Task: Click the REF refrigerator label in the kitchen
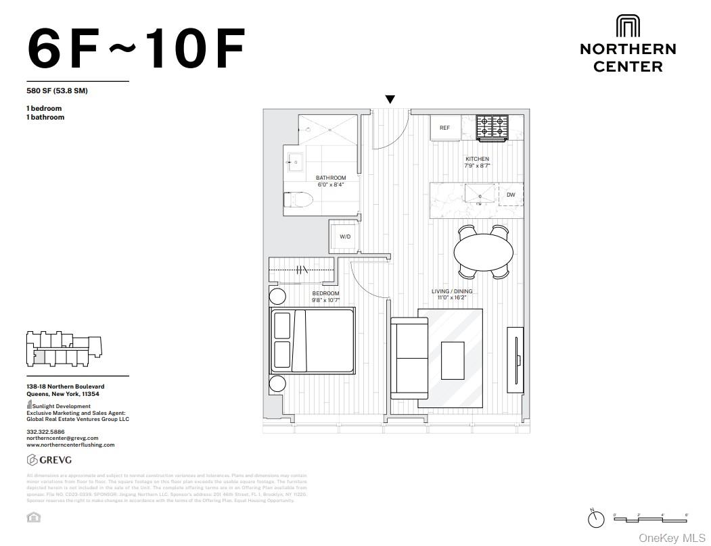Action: pyautogui.click(x=444, y=128)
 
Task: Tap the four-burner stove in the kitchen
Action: pyautogui.click(x=492, y=127)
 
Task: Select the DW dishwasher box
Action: pyautogui.click(x=511, y=195)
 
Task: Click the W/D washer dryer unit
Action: pyautogui.click(x=345, y=237)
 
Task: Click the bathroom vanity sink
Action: pyautogui.click(x=296, y=162)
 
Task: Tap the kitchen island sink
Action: pyautogui.click(x=480, y=195)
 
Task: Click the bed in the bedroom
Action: pyautogui.click(x=312, y=341)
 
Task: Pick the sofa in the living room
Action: pyautogui.click(x=409, y=357)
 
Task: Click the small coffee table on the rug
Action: pyautogui.click(x=453, y=360)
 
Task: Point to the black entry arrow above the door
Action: pyautogui.click(x=390, y=99)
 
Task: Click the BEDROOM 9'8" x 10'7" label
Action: pyautogui.click(x=325, y=297)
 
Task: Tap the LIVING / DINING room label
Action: pyautogui.click(x=452, y=294)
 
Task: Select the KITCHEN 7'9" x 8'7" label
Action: pyautogui.click(x=477, y=162)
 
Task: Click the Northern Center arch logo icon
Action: pyautogui.click(x=628, y=26)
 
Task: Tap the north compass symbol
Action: pyautogui.click(x=596, y=518)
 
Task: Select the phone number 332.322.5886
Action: pyautogui.click(x=45, y=431)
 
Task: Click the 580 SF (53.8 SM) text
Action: pyautogui.click(x=57, y=91)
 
